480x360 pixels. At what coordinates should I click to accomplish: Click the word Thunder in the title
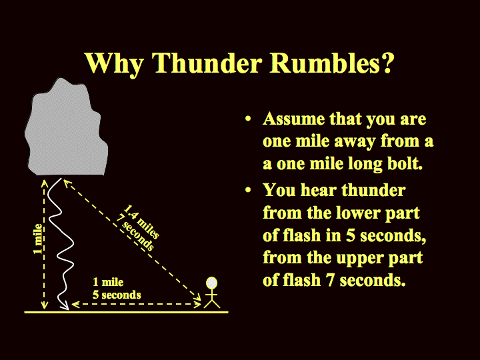pos(207,63)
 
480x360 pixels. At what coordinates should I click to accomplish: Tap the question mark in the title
pos(386,63)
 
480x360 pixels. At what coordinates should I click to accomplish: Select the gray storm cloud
pos(66,127)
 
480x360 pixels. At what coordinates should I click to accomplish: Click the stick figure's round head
pos(211,283)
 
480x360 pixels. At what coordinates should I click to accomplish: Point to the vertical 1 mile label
pos(38,239)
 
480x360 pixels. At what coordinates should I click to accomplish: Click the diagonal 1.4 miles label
pos(141,221)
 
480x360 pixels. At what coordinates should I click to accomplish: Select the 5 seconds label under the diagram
pos(117,295)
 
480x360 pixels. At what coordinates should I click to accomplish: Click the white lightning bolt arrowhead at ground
pos(65,306)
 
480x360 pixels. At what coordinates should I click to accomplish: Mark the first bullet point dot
pos(248,119)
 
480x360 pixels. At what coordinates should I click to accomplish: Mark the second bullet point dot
pos(248,190)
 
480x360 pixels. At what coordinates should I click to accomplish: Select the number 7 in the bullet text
pos(330,280)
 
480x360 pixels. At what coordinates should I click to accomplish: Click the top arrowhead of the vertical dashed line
pos(45,183)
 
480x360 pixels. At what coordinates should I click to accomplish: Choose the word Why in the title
pos(115,64)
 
